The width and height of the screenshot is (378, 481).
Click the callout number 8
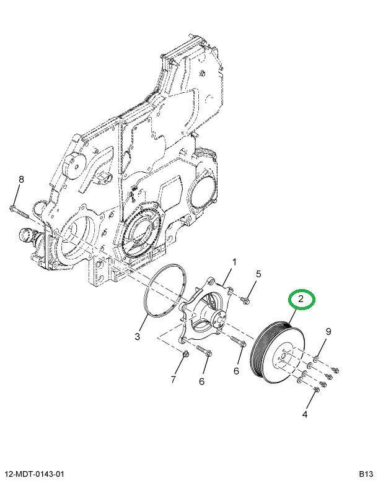(x=20, y=180)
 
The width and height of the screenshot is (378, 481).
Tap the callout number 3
(x=138, y=336)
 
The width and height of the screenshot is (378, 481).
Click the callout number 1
(x=234, y=262)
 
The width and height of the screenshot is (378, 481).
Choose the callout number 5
(x=258, y=274)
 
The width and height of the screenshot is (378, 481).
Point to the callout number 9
(x=328, y=331)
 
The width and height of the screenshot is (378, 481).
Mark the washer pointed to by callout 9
(x=316, y=358)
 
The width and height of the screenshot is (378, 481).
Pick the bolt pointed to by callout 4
(x=317, y=389)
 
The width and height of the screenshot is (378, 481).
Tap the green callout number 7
(x=174, y=378)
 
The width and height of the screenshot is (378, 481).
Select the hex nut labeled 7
(x=185, y=355)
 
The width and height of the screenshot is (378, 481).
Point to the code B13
(x=366, y=474)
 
